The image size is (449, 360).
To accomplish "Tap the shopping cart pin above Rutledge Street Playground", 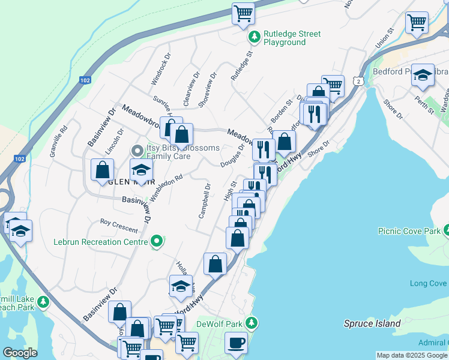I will (x=243, y=14).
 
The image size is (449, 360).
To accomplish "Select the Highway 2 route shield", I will (x=358, y=80).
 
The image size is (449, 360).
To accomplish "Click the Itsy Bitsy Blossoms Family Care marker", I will (x=137, y=150).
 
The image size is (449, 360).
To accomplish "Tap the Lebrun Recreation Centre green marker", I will (x=157, y=242).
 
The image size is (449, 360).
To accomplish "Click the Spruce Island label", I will (x=372, y=323).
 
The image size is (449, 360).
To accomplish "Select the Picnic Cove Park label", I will (x=409, y=230).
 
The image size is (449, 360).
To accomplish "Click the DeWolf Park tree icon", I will (x=253, y=323).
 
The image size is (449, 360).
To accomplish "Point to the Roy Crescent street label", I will (x=119, y=226).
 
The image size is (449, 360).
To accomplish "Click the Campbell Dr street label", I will (x=205, y=201).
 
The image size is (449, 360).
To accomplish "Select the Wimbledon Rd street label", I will (x=166, y=188).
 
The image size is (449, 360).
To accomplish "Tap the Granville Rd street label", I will (x=57, y=138).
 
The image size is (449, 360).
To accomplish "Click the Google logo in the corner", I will (x=20, y=352).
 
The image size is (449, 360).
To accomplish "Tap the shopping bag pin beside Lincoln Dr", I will (x=102, y=170).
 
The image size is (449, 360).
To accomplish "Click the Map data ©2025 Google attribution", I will (x=412, y=355).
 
